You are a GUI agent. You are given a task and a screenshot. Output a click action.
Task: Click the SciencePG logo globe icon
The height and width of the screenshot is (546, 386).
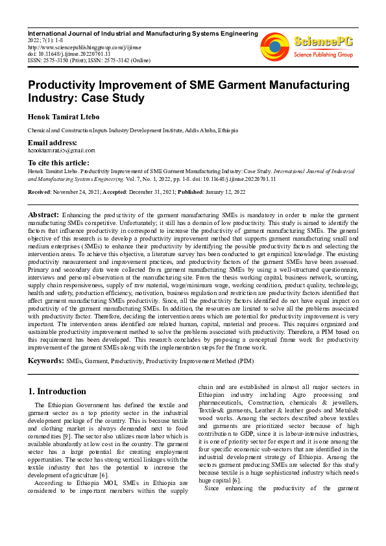pos(274,47)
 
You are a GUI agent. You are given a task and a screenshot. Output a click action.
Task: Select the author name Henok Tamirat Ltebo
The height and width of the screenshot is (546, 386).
pos(67,117)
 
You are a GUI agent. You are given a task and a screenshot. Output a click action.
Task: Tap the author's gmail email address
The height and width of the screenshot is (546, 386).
pos(56,150)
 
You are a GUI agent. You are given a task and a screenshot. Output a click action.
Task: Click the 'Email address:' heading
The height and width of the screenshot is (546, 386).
pos(52,143)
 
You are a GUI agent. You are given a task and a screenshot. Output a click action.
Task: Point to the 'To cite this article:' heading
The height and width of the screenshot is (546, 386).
pos(58,162)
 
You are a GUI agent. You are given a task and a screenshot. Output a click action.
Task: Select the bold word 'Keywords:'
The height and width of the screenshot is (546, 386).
pos(45,360)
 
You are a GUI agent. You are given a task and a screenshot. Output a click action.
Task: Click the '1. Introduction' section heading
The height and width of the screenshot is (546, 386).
pos(58,392)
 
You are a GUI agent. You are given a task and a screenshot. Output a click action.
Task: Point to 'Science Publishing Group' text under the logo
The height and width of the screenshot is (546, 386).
pos(322,54)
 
